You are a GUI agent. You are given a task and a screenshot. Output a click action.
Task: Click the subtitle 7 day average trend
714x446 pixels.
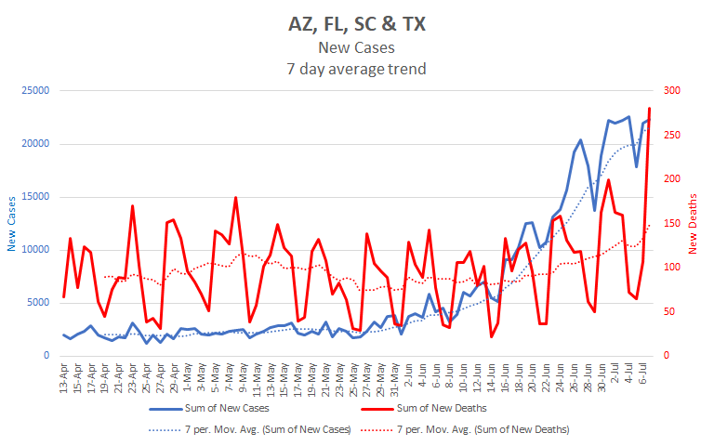coord(356,68)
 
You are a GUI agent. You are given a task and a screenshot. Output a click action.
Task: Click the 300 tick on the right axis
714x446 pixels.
coord(669,90)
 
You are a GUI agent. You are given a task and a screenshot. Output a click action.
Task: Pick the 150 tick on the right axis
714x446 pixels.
coord(669,223)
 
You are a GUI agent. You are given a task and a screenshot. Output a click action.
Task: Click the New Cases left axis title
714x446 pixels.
coord(12,223)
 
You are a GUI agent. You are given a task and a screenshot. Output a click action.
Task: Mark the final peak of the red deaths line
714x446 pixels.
coord(649,109)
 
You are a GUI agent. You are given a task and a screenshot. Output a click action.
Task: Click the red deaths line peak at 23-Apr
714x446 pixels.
coord(132,206)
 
